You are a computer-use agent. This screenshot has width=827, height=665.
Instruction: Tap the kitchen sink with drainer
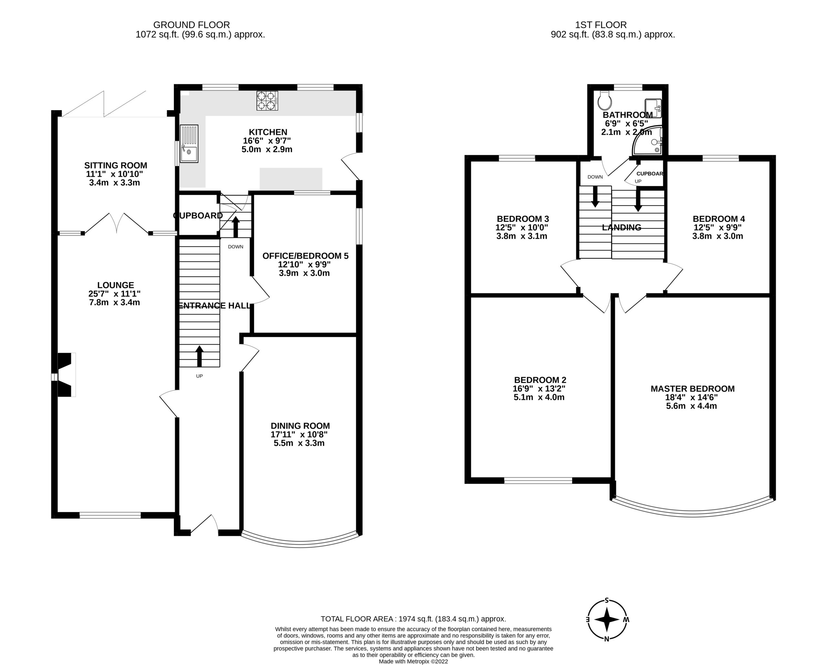point(189,143)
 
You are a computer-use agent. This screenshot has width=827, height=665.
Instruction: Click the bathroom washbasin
point(653,108)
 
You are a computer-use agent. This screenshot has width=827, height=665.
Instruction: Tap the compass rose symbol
point(606,619)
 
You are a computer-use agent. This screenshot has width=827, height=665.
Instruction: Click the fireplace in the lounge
point(65,375)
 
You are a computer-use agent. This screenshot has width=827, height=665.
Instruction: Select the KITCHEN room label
point(268,132)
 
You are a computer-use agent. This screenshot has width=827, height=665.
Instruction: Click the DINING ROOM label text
point(300,426)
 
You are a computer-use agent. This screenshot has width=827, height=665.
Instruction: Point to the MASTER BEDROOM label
point(692,389)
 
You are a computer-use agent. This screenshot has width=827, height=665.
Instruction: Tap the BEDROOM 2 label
point(540,380)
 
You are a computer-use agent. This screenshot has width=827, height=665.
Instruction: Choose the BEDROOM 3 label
point(523,219)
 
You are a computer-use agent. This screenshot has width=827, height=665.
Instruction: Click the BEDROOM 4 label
point(718,219)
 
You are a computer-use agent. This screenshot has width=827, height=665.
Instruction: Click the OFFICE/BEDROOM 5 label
point(305,256)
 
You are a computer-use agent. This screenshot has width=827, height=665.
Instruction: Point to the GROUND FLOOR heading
point(192,25)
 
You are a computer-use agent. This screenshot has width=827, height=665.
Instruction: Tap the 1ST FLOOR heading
point(601,25)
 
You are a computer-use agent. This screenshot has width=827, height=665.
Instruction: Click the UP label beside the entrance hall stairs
point(199,376)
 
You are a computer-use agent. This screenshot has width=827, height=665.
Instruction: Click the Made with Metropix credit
point(413,661)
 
